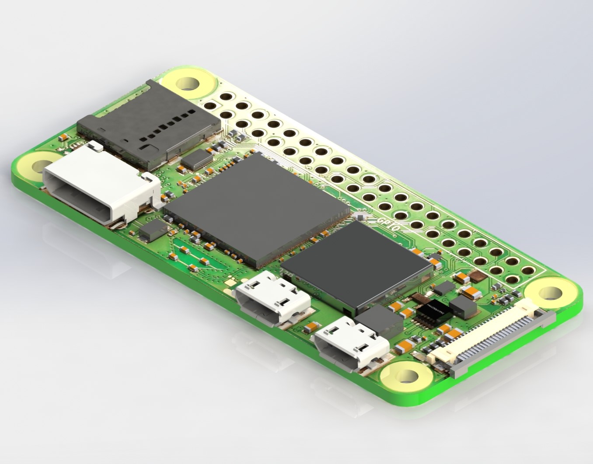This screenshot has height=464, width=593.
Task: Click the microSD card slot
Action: tap(149, 125)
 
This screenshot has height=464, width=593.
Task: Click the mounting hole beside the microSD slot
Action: tap(188, 83)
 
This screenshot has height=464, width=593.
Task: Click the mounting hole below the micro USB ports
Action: tap(407, 375)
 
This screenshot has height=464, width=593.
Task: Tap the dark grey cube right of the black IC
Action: tap(463, 308)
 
